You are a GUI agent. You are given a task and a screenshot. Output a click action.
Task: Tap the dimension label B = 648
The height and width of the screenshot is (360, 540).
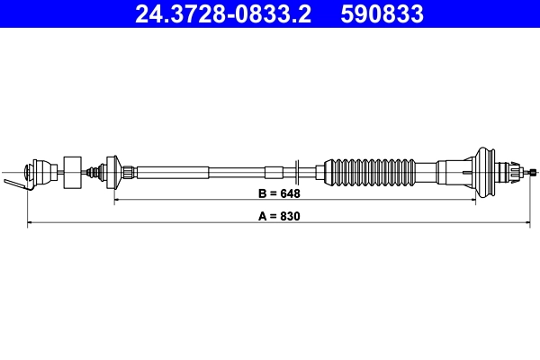click(279, 193)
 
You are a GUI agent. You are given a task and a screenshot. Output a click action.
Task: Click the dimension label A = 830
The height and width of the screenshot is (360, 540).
click(279, 217)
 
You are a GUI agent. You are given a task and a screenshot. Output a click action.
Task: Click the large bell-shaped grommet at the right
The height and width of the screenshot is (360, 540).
click(487, 170)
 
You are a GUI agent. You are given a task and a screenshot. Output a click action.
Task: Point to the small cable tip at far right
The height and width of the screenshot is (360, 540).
click(534, 170)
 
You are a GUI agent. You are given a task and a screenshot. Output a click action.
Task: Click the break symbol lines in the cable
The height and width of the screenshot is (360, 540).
click(297, 170)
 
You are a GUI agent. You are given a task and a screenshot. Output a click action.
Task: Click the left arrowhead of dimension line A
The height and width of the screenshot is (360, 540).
click(31, 223)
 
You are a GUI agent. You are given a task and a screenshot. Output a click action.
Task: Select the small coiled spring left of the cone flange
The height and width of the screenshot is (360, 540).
click(94, 170)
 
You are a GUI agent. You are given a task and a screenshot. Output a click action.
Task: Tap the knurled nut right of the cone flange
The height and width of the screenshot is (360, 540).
click(131, 170)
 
